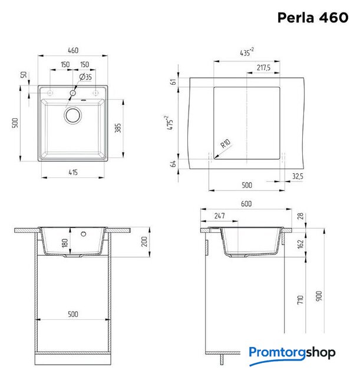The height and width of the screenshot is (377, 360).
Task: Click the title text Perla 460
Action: click(x=313, y=18)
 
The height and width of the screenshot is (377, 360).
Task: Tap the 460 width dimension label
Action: click(x=73, y=51)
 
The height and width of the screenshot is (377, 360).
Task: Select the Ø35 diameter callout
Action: click(x=85, y=77)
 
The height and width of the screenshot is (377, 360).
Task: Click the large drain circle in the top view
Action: click(x=73, y=115)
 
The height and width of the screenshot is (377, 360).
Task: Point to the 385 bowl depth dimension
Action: click(x=118, y=128)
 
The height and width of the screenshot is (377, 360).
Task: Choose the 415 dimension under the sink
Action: click(x=73, y=173)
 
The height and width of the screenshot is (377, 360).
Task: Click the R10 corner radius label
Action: click(x=226, y=144)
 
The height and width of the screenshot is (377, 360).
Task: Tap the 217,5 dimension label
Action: click(x=263, y=68)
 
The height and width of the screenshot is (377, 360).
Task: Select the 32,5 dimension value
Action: click(x=298, y=177)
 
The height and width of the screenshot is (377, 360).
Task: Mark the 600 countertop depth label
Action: click(x=246, y=204)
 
